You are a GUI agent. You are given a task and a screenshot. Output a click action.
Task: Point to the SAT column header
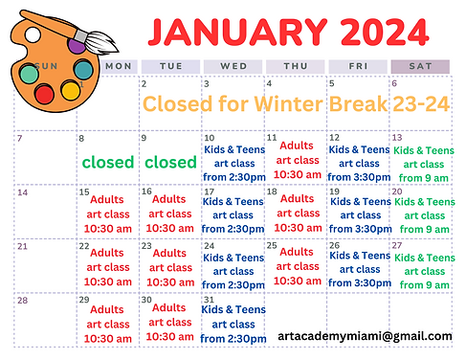pyautogui.click(x=420, y=66)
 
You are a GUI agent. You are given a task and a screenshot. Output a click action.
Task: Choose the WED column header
pyautogui.click(x=233, y=66)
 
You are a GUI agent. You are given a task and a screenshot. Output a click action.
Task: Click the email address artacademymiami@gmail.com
pyautogui.click(x=365, y=336)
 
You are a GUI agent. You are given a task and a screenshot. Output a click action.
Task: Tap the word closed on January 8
pyautogui.click(x=108, y=162)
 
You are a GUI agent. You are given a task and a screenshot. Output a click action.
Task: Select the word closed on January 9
pyautogui.click(x=170, y=162)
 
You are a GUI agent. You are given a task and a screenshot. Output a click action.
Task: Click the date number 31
pyautogui.click(x=210, y=300)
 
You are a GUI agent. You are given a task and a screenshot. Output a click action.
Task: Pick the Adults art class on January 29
pyautogui.click(x=107, y=324)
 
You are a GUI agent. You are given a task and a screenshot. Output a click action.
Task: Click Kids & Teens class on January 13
pyautogui.click(x=424, y=164)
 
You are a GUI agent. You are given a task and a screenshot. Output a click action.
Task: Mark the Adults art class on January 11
pyautogui.click(x=297, y=160)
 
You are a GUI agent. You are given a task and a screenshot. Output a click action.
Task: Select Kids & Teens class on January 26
pyautogui.click(x=359, y=270)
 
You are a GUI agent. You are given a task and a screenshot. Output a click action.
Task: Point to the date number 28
pyautogui.click(x=23, y=300)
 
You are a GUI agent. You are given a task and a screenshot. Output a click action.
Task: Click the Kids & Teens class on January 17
pyautogui.click(x=233, y=216)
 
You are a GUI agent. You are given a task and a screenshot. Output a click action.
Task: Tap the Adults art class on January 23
pyautogui.click(x=169, y=267)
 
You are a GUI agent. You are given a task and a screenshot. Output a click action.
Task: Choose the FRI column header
pyautogui.click(x=358, y=66)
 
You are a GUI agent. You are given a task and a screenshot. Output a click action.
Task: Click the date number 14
pyautogui.click(x=23, y=192)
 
